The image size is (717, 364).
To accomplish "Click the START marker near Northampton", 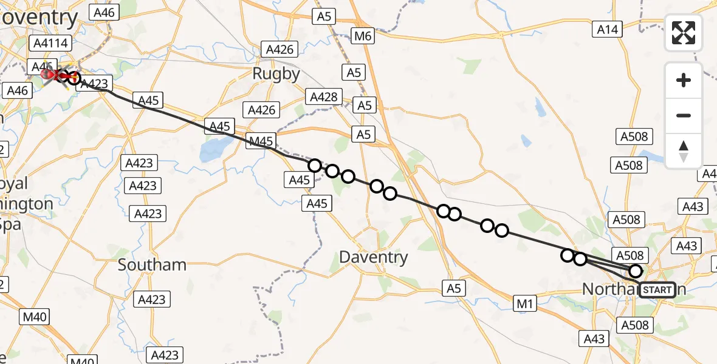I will coord(657,289).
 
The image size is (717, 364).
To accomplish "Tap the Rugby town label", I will coord(276,74).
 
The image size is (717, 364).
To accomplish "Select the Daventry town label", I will coord(373,257).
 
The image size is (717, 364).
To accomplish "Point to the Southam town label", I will coord(152,265).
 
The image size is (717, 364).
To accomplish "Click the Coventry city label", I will coord(39,17).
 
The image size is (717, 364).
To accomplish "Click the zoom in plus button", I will coord(684,80).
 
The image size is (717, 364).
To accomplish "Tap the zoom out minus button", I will coord(684,115).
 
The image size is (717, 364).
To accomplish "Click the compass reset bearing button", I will coord(684,150).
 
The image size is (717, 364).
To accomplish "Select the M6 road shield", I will coord(363,36).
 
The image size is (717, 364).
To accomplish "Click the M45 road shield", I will coord(261,142).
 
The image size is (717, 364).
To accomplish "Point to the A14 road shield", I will coord(608,29).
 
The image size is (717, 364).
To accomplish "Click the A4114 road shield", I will coord(52,43).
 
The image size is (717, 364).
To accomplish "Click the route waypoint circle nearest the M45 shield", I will coord(315,165).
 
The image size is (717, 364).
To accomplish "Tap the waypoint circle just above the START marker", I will coord(636,271).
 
